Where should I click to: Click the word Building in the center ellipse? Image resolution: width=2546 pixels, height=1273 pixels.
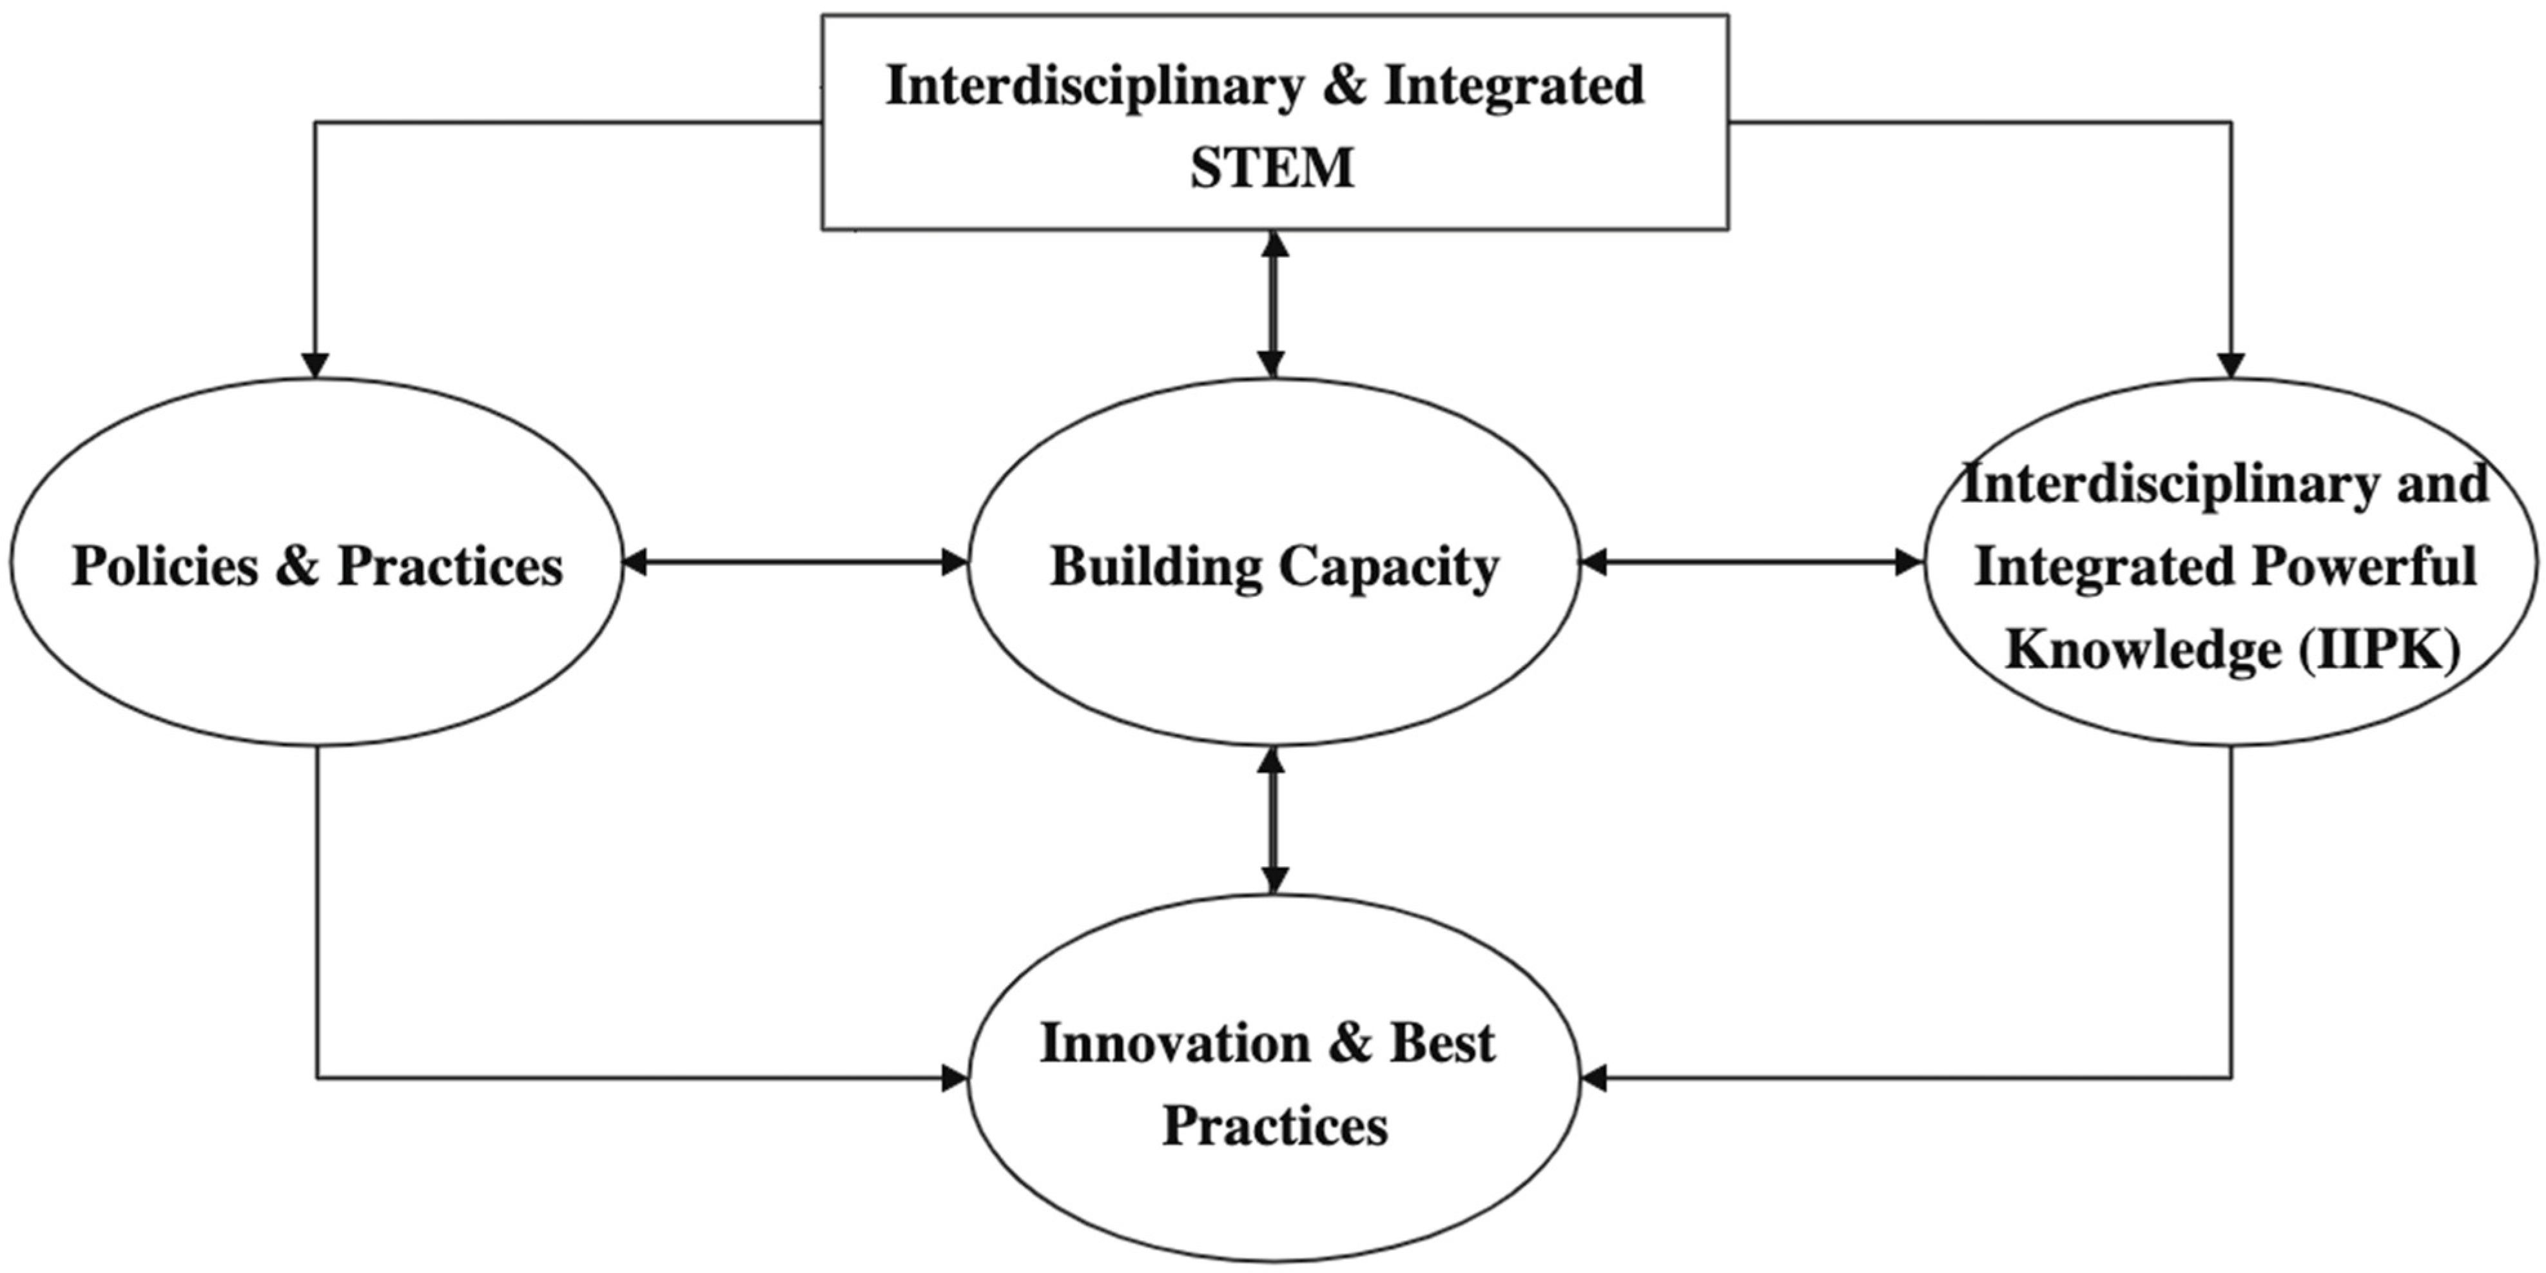1156,569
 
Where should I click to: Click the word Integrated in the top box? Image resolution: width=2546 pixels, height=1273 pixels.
1513,85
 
